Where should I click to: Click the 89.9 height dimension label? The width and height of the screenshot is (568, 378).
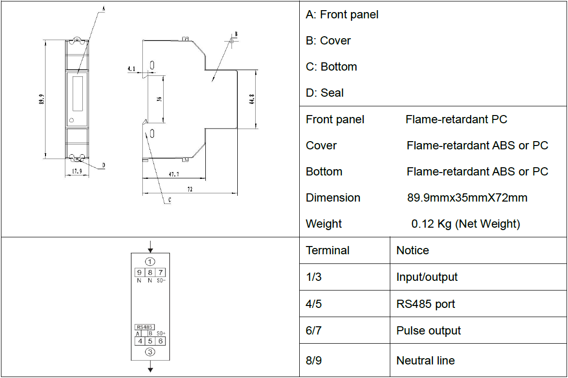coord(42,99)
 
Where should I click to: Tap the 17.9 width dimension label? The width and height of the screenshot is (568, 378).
coord(77,171)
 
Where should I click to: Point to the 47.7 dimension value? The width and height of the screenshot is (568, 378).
coord(174,174)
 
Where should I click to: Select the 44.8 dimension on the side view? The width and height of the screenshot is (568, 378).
coord(252,99)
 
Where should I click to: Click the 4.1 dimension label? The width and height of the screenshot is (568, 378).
coord(131,68)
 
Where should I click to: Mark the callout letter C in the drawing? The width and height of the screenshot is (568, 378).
coord(169,200)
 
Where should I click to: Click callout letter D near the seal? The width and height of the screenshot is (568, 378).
coord(104,165)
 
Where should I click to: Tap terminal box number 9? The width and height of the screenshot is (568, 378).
coord(139,272)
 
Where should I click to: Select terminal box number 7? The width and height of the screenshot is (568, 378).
coord(160,272)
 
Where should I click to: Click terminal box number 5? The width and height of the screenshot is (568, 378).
coord(150,341)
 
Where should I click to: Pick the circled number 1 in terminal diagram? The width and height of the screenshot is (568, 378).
coord(150,261)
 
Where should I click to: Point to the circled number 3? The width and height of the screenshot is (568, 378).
coord(150,352)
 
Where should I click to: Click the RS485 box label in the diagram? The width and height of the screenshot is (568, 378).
coord(144,327)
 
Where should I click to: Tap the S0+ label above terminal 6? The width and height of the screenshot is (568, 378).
coord(161,333)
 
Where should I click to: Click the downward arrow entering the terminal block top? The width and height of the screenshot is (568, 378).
coord(150,247)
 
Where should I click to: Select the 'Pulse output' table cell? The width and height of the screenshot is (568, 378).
coord(429,330)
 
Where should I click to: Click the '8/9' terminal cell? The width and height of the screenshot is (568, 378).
coord(314,360)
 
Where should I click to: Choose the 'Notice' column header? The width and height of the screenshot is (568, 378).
coord(413,250)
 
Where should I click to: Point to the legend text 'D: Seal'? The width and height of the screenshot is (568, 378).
coord(324,93)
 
